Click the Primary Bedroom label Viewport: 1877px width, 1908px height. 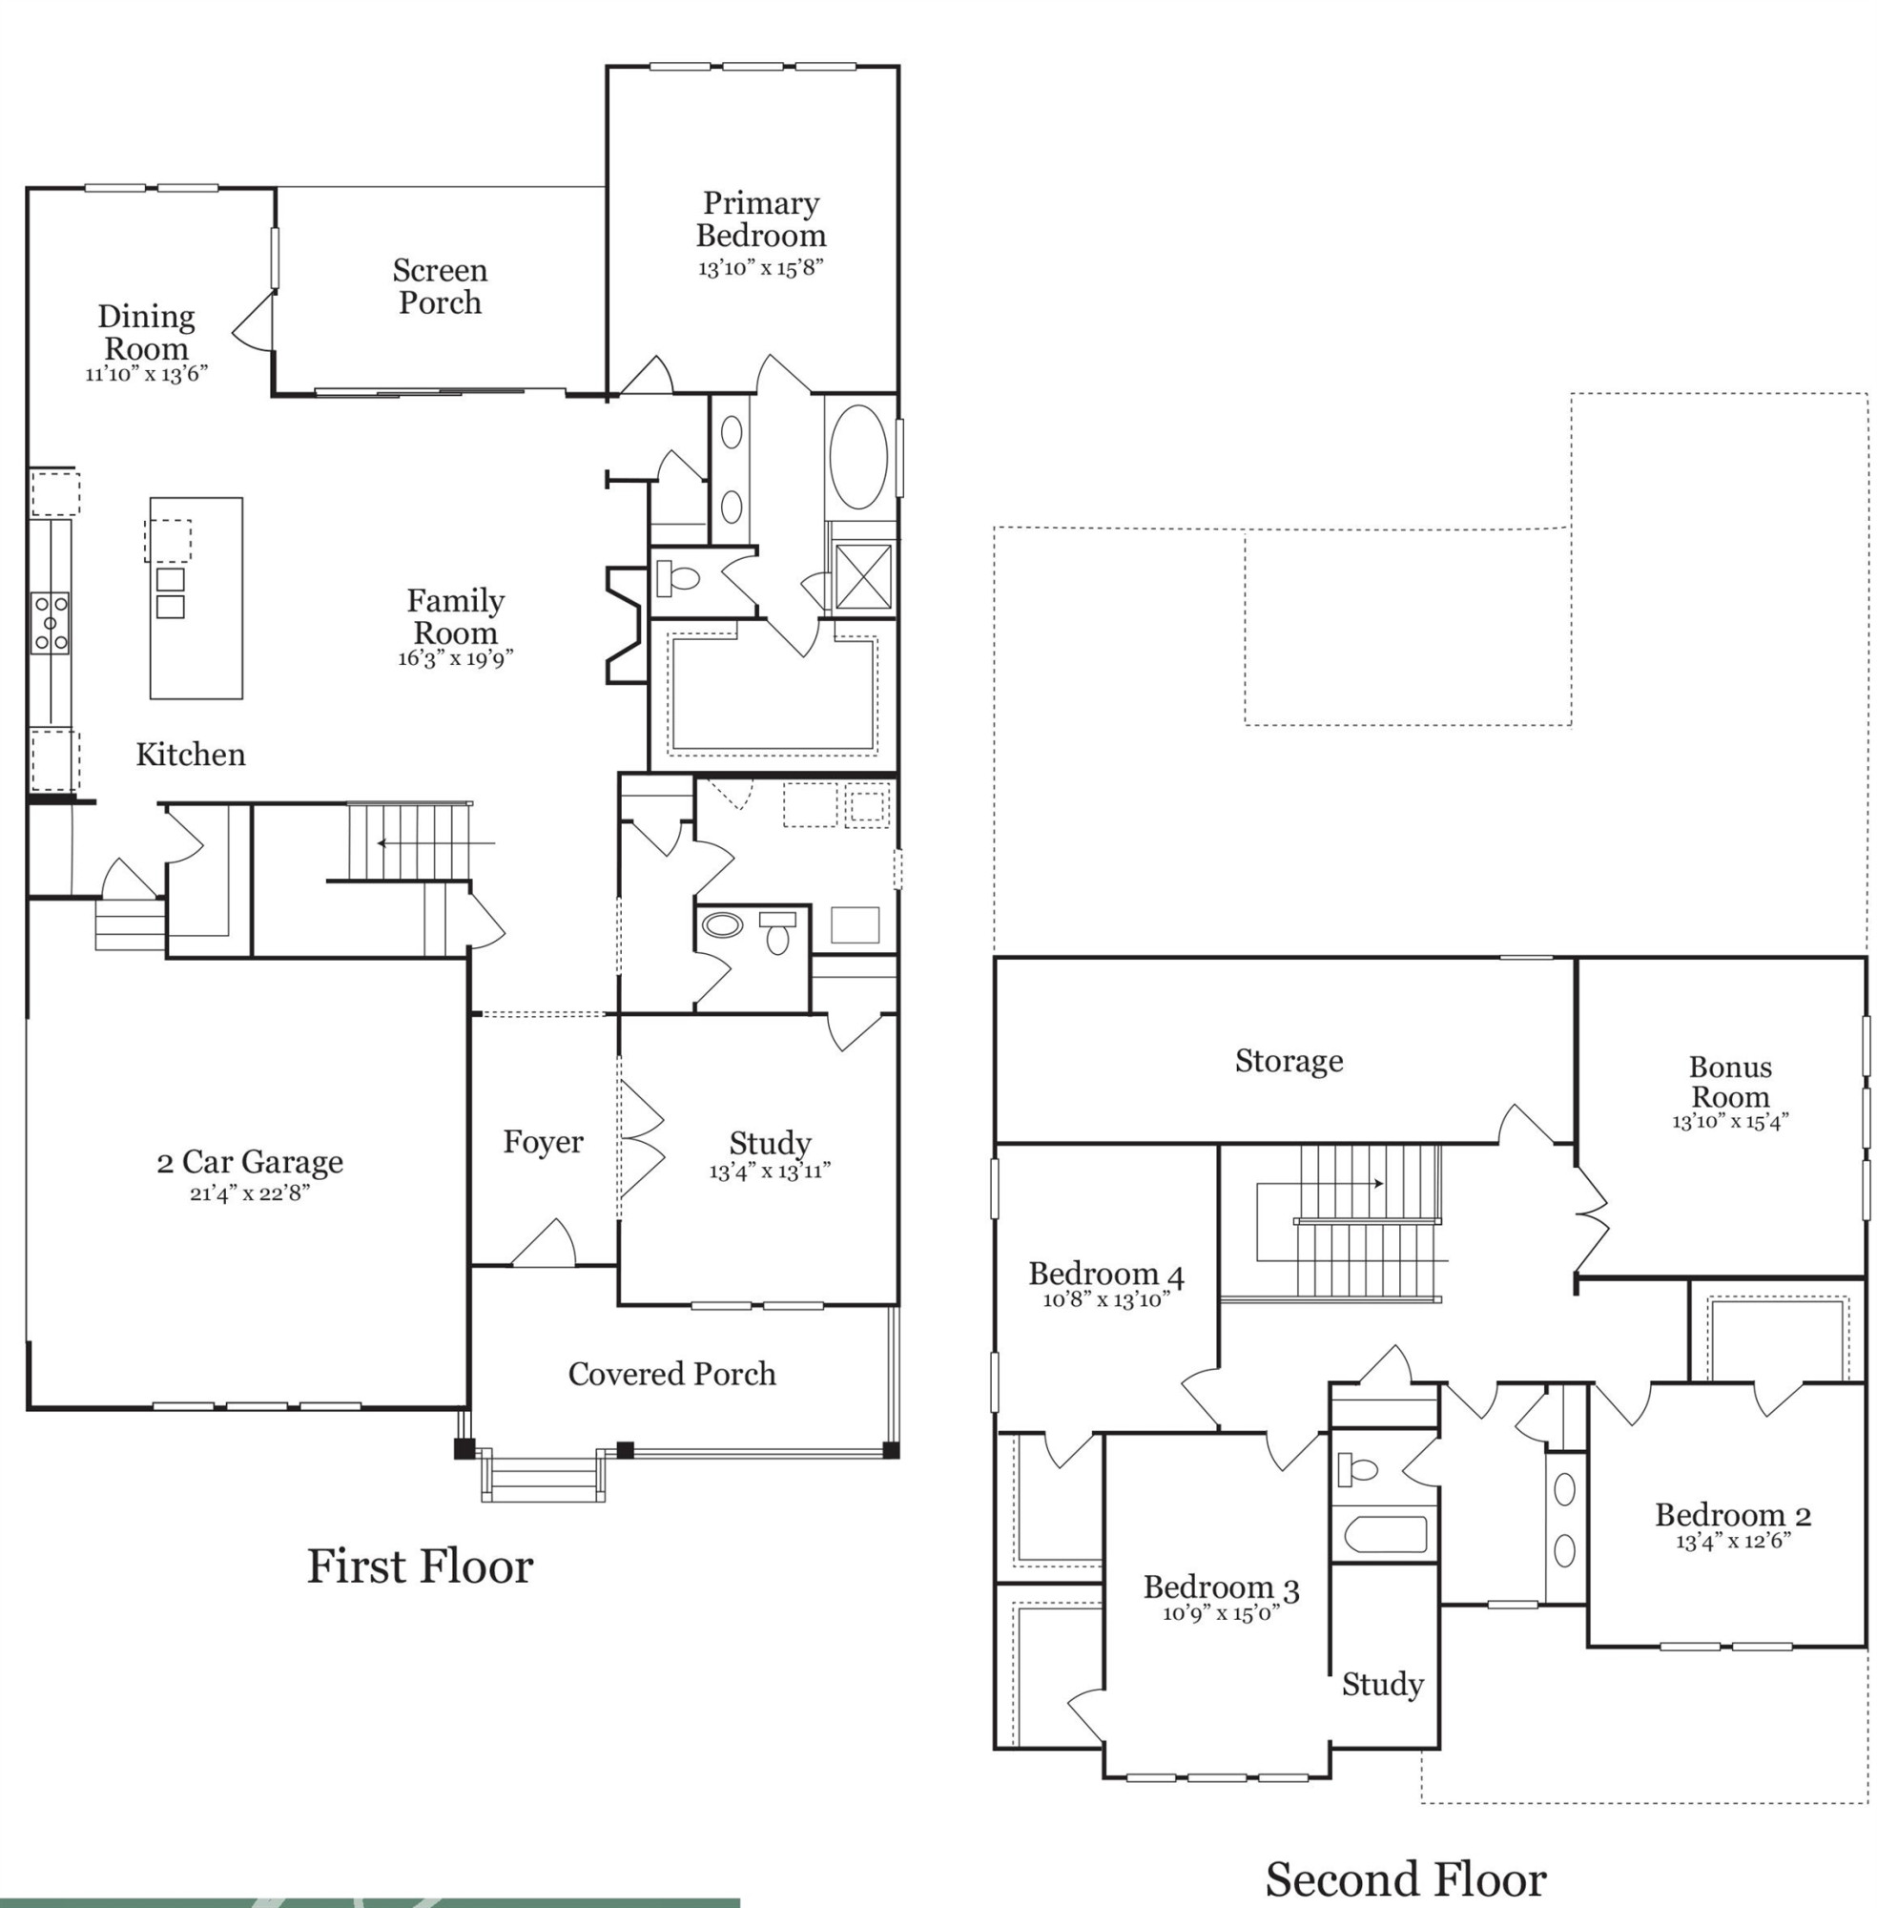pyautogui.click(x=761, y=218)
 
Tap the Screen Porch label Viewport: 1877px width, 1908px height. pyautogui.click(x=440, y=286)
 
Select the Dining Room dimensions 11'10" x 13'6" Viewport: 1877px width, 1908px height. pyautogui.click(x=146, y=375)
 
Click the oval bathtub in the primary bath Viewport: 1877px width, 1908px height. pyautogui.click(x=858, y=457)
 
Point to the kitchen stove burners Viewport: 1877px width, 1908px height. pyautogui.click(x=51, y=621)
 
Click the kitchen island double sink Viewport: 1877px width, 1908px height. pyautogui.click(x=170, y=591)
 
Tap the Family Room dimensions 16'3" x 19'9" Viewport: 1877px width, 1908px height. pyautogui.click(x=456, y=658)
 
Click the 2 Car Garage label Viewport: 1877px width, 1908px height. pyautogui.click(x=250, y=1162)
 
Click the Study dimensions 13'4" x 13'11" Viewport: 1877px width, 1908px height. pyautogui.click(x=769, y=1172)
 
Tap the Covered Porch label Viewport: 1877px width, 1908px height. pyautogui.click(x=671, y=1374)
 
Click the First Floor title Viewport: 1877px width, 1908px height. pyautogui.click(x=420, y=1566)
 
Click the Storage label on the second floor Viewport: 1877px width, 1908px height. pyautogui.click(x=1289, y=1061)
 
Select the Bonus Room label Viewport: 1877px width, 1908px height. pyautogui.click(x=1730, y=1081)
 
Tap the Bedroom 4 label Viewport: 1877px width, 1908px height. pyautogui.click(x=1106, y=1273)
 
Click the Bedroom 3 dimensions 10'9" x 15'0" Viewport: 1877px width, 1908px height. pyautogui.click(x=1221, y=1613)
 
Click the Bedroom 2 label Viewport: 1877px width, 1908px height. pyautogui.click(x=1732, y=1514)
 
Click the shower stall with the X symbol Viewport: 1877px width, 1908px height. pyautogui.click(x=863, y=576)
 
